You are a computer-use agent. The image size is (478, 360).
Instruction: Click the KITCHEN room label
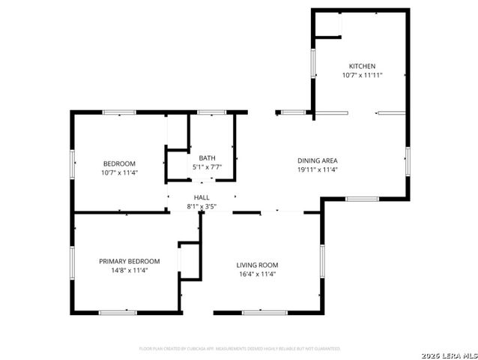click(x=362, y=66)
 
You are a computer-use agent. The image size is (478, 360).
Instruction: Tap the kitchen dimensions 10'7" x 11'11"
click(x=362, y=75)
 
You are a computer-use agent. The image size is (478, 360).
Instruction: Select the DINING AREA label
click(x=318, y=160)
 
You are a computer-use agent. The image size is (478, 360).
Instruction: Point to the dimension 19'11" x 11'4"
click(x=318, y=169)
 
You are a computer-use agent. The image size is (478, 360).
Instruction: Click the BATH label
click(x=207, y=157)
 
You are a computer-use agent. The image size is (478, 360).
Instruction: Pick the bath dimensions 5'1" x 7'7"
click(x=207, y=166)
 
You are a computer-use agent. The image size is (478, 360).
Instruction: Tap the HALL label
click(x=202, y=198)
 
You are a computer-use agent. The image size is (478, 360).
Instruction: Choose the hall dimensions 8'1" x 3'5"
click(x=202, y=207)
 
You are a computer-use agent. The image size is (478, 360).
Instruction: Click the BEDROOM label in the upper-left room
click(x=119, y=163)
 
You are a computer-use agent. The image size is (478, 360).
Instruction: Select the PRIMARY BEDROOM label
click(x=129, y=261)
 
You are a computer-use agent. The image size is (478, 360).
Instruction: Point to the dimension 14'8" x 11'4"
click(x=129, y=270)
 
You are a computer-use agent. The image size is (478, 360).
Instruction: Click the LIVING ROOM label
click(x=257, y=265)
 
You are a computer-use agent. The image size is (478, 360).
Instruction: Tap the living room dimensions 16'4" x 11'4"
click(x=257, y=274)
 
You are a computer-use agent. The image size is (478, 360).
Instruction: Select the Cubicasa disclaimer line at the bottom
click(x=240, y=349)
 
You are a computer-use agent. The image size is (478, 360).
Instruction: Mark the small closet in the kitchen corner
click(x=327, y=24)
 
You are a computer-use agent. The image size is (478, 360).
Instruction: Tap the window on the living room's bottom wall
click(x=264, y=312)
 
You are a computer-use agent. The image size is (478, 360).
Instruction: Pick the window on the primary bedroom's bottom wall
click(x=118, y=312)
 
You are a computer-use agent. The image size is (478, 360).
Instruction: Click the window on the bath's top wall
click(x=213, y=112)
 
